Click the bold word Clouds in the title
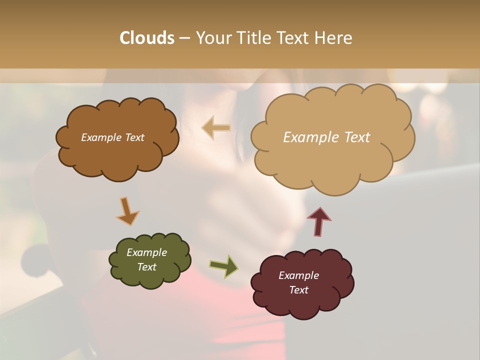click(147, 38)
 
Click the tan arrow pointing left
click(216, 128)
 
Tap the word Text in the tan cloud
click(356, 137)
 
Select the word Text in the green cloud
click(147, 267)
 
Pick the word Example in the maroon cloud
click(298, 275)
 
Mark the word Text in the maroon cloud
click(298, 290)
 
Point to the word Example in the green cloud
click(147, 252)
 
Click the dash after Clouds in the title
click(184, 38)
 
